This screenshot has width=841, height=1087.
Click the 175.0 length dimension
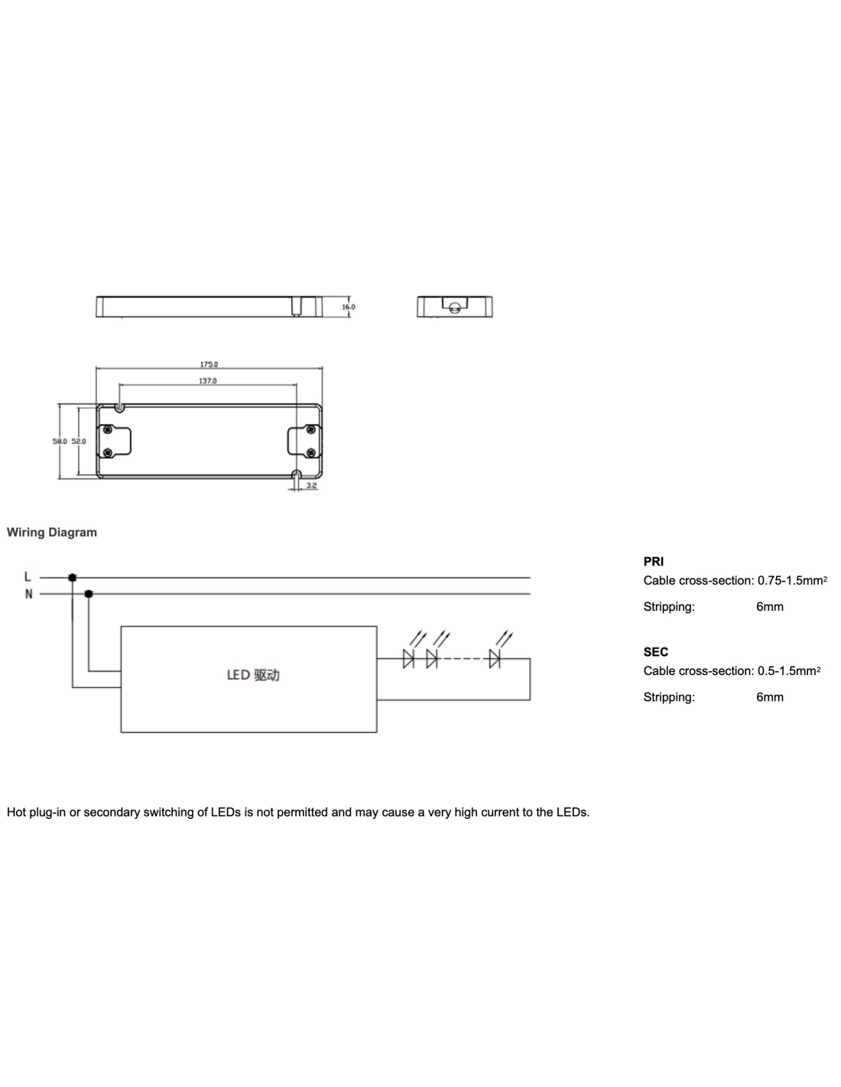pos(209,364)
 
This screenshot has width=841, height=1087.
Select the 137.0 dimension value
pos(208,381)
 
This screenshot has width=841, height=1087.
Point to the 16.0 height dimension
pos(348,307)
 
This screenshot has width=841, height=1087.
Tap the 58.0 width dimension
pos(60,441)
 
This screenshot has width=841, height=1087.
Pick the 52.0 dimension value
pos(79,441)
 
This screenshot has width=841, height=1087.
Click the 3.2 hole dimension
pos(311,485)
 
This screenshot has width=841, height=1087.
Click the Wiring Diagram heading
pos(52,532)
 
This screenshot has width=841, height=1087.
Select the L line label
pos(28,577)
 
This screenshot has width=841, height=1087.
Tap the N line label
pos(28,594)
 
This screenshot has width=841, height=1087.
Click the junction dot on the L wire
pos(72,577)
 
